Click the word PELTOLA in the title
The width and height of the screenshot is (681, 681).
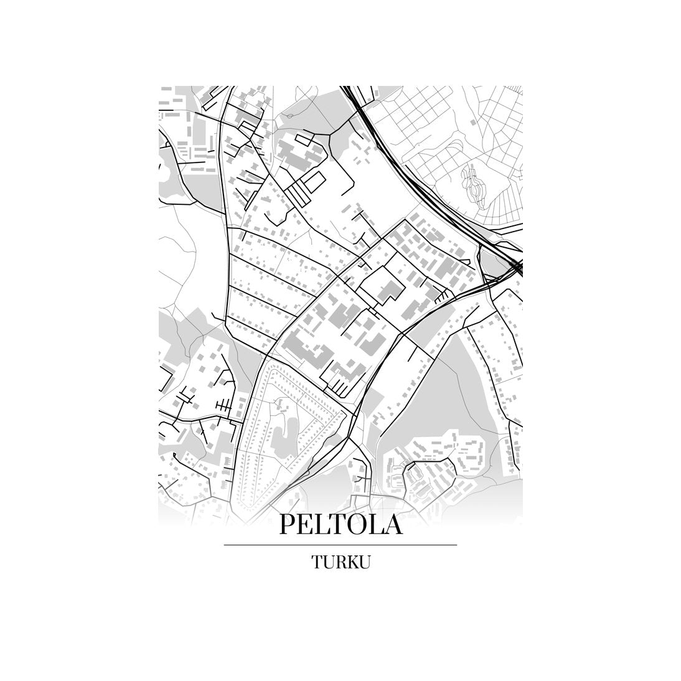click(340, 524)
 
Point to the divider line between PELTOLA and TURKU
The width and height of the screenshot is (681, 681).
click(340, 545)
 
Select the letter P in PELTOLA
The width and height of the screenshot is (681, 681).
click(288, 524)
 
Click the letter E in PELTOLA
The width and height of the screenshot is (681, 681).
click(306, 524)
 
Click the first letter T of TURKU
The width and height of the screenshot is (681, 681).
click(316, 562)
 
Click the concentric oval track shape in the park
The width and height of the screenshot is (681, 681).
click(472, 183)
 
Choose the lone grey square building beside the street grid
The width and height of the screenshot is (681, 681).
click(476, 124)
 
